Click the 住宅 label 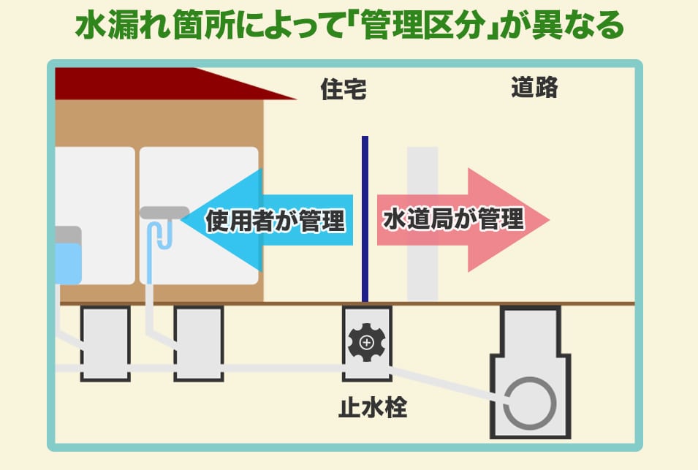(343, 90)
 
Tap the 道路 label (534, 88)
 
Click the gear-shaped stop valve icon (367, 342)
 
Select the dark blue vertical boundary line (365, 219)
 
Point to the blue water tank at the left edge (68, 263)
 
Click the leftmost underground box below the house (105, 344)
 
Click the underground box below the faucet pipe (198, 344)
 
